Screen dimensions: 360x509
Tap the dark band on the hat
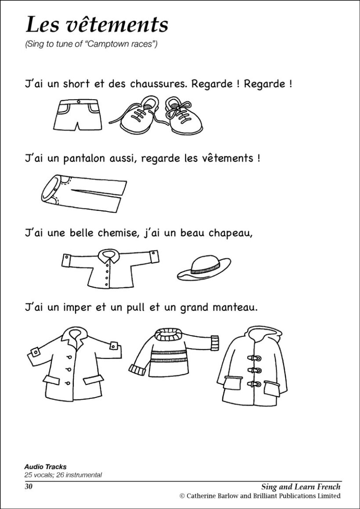tap(205, 270)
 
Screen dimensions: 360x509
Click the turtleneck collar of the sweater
tap(170, 334)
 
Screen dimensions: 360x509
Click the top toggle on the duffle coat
tap(254, 358)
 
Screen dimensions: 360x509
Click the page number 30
tap(29, 487)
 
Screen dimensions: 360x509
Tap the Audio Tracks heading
tap(46, 467)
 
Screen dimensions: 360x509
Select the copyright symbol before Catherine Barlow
tap(182, 496)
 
